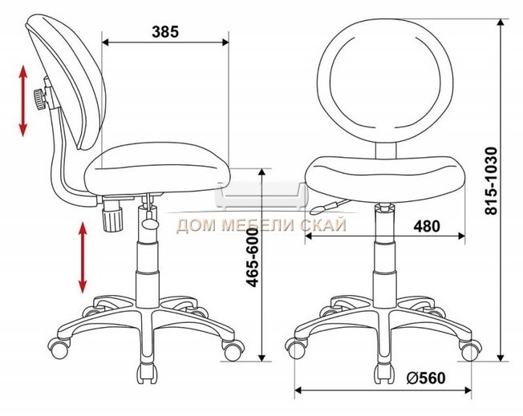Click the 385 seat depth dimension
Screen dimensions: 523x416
point(165,32)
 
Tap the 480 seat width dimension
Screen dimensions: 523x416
point(427,226)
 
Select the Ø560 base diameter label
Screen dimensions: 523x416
point(426,378)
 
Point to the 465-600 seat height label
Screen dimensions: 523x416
point(253,257)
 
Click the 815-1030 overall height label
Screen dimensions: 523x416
point(491,180)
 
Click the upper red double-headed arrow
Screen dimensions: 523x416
point(23,101)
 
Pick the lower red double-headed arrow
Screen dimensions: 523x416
point(83,257)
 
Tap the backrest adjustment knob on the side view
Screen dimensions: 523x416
point(40,99)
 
